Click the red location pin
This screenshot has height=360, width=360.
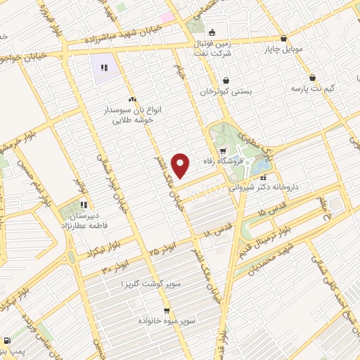click(181, 165)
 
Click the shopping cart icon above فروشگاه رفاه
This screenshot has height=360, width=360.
click(223, 150)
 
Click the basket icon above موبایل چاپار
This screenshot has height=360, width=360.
click(283, 39)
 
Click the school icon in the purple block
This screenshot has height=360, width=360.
click(103, 68)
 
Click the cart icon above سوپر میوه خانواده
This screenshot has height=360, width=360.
click(166, 309)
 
